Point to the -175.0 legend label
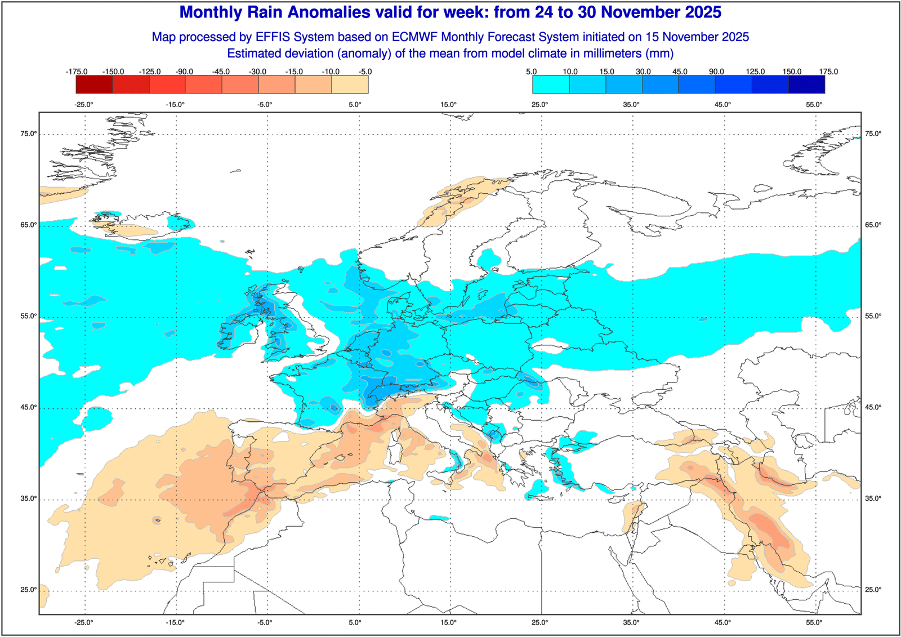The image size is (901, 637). (77, 72)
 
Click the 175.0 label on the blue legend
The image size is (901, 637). (828, 72)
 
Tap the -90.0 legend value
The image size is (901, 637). (184, 72)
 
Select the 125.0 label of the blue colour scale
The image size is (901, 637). (755, 72)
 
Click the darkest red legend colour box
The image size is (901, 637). (94, 84)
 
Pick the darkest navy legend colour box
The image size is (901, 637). (806, 84)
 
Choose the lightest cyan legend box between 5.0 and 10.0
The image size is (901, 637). (551, 84)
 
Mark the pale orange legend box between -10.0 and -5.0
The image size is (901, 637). (350, 84)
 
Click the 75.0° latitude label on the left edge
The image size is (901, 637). (29, 134)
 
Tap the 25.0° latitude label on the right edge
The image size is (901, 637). (873, 590)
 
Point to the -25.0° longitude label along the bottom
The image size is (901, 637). (84, 622)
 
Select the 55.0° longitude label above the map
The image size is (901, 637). (814, 104)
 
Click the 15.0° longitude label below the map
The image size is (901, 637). (449, 622)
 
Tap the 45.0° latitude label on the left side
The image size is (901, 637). (29, 407)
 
